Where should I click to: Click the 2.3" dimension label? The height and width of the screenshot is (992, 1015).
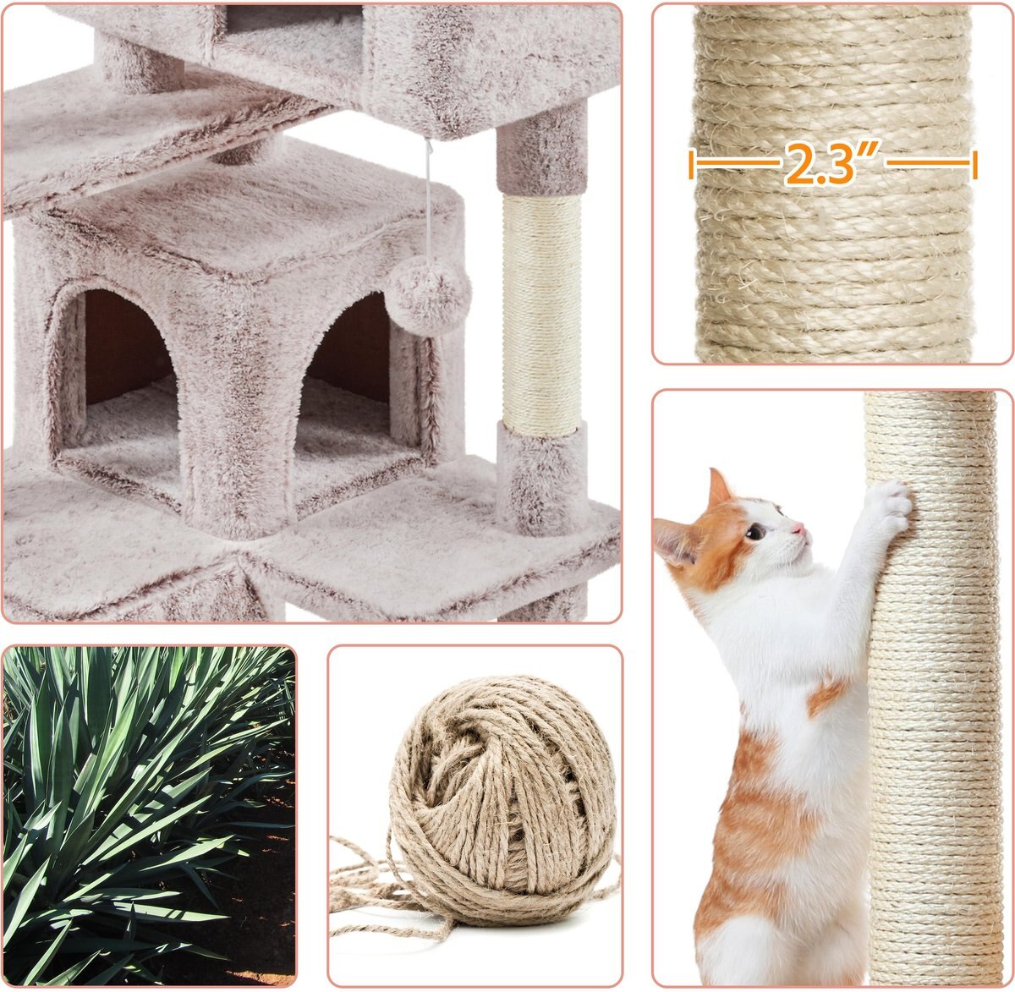coord(832,165)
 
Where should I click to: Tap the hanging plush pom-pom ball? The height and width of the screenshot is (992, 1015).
coord(428,297)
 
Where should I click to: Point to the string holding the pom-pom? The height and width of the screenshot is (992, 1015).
coord(428,211)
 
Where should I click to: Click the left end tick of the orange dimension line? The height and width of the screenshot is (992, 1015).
coord(692,165)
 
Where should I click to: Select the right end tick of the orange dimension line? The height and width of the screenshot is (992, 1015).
coord(974,165)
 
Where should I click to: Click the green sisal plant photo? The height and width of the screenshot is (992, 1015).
coord(149,816)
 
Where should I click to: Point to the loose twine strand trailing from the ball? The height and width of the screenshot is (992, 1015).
coord(372,888)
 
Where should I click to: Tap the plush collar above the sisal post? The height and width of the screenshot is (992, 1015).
coord(542,152)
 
